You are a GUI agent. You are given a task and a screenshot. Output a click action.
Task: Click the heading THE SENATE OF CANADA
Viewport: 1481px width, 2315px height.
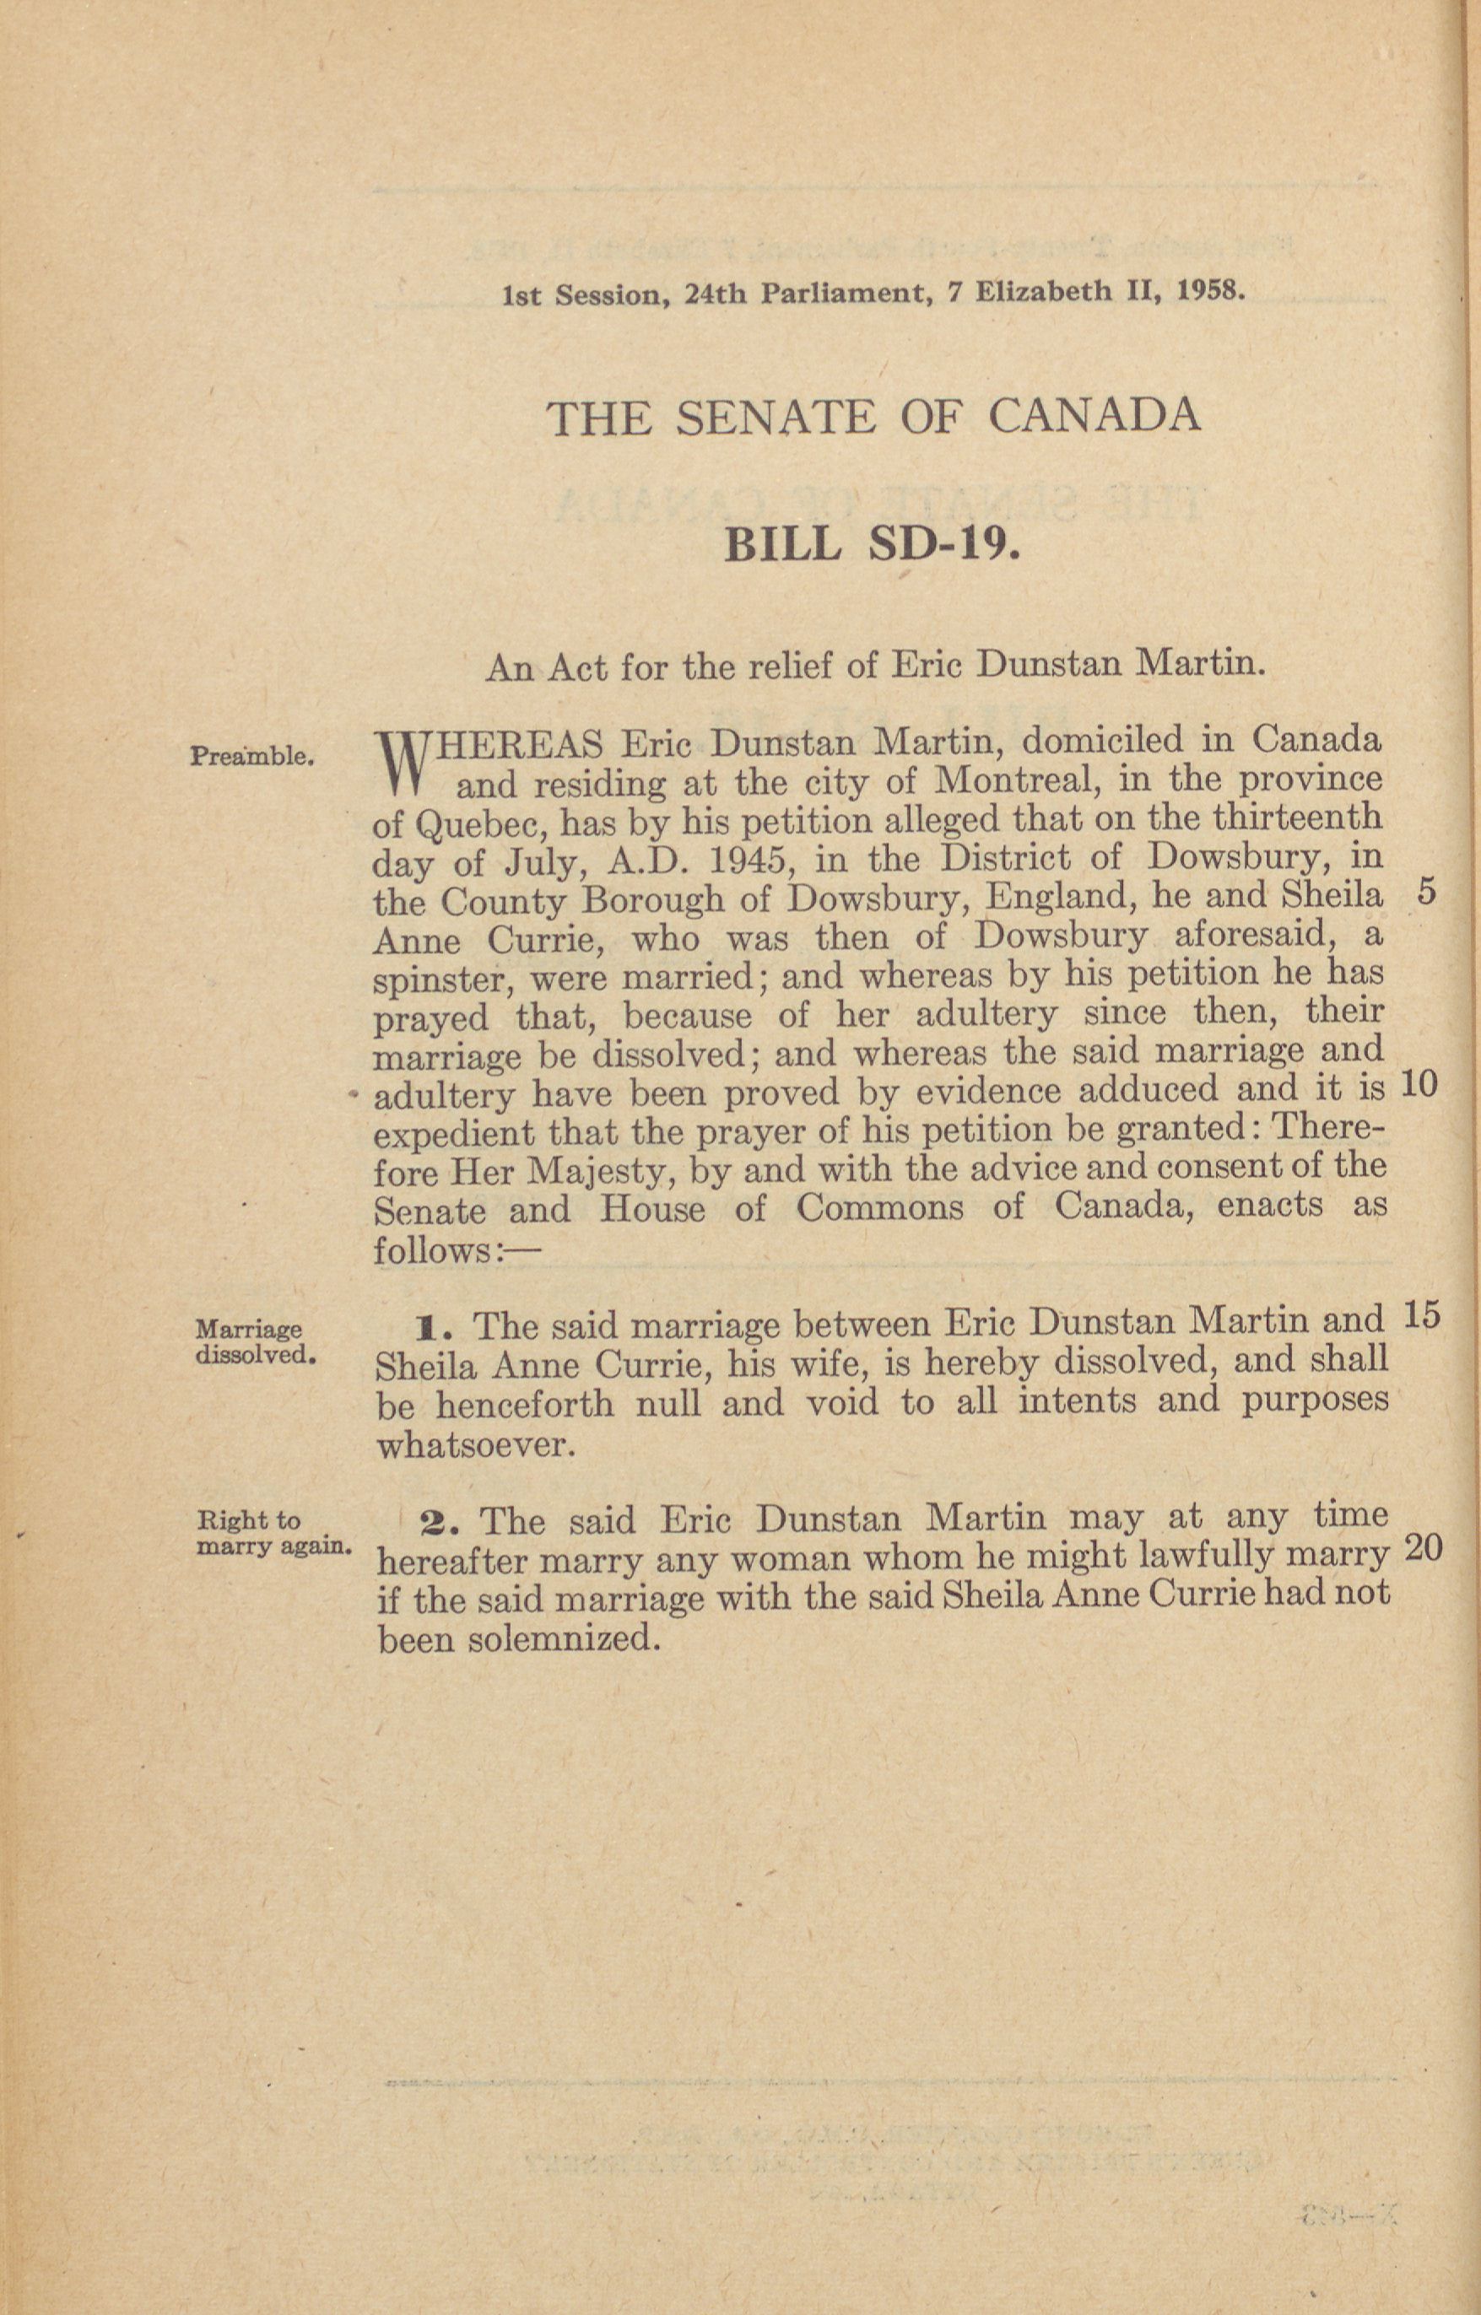(x=873, y=418)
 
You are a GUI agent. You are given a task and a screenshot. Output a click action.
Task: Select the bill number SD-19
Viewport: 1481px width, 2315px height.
(x=943, y=544)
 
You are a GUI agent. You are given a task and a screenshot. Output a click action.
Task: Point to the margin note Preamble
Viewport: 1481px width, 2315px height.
(x=252, y=756)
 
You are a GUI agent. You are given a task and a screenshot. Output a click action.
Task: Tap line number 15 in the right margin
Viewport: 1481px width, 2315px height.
(x=1421, y=1315)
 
